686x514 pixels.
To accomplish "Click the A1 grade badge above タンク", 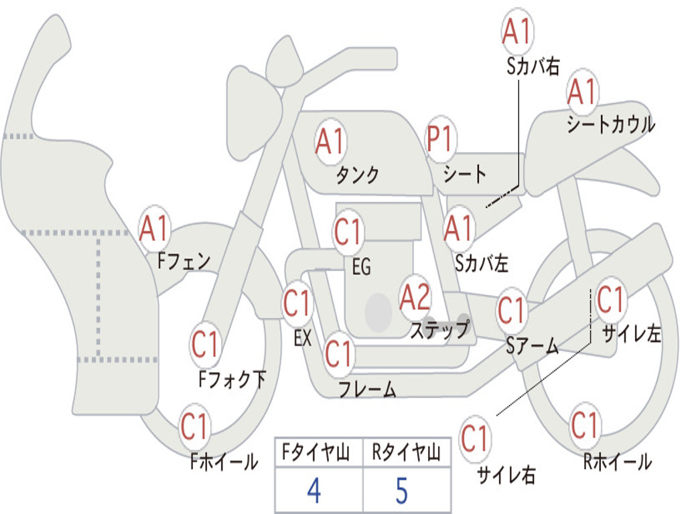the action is tap(330, 142).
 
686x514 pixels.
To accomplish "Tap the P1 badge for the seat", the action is tap(441, 139).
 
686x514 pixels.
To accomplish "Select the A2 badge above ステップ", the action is tap(415, 298).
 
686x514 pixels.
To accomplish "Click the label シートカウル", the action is tap(611, 124).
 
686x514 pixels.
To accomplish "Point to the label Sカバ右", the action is tap(533, 66).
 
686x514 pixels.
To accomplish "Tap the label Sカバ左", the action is tap(481, 264).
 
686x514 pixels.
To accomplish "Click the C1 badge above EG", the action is tap(348, 232).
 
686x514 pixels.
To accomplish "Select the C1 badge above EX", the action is tap(297, 303).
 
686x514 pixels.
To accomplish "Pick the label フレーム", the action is tap(368, 389).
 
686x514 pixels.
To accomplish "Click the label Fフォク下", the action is tap(232, 379).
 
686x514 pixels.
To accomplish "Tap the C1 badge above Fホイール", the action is tap(194, 426).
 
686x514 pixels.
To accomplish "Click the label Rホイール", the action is tap(617, 462).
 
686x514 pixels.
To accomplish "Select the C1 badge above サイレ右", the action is tap(475, 438).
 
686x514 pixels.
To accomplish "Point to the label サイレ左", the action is tap(631, 334).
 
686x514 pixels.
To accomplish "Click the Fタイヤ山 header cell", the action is tap(319, 452).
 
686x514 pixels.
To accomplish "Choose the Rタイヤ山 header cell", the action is tap(407, 452).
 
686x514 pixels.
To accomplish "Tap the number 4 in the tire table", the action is tap(314, 491).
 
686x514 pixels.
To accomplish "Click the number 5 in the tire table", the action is tap(402, 491).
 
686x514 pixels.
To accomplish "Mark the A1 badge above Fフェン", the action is tap(155, 229).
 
